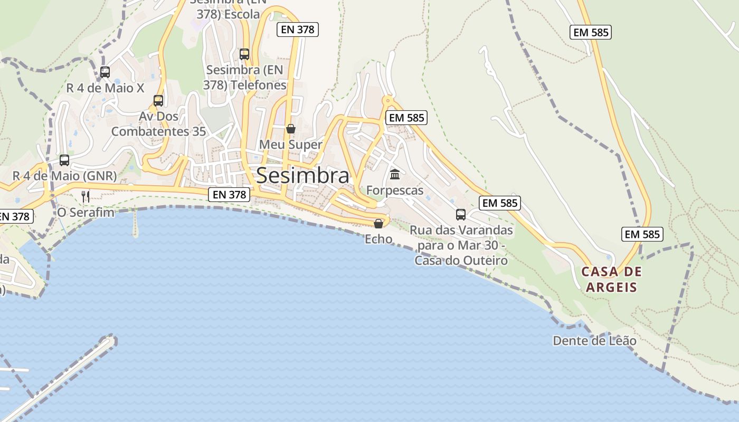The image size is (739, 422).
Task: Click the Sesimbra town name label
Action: pyautogui.click(x=302, y=176)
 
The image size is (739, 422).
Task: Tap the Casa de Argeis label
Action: pyautogui.click(x=612, y=280)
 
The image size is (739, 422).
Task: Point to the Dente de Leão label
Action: pyautogui.click(x=594, y=341)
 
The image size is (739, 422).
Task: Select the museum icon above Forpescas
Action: pyautogui.click(x=395, y=174)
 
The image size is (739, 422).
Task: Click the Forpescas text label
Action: pyautogui.click(x=395, y=190)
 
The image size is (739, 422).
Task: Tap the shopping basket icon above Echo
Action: pyautogui.click(x=378, y=224)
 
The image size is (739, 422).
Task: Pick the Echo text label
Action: pyautogui.click(x=378, y=239)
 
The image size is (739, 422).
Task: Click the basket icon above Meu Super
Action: pyautogui.click(x=290, y=129)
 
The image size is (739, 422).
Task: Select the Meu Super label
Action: pyautogui.click(x=290, y=145)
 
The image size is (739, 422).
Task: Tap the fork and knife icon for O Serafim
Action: pyautogui.click(x=86, y=197)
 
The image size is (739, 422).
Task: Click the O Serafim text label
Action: pyautogui.click(x=86, y=213)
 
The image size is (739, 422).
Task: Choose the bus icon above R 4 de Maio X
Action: pyautogui.click(x=105, y=72)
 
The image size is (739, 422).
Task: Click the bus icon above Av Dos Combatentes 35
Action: pyautogui.click(x=158, y=101)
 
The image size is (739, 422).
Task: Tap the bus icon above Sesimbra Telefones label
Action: pyautogui.click(x=244, y=54)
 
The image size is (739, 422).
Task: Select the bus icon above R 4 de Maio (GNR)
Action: pyautogui.click(x=64, y=160)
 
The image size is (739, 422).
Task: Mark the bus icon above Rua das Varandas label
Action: pyautogui.click(x=461, y=215)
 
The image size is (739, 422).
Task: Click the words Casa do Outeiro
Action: pyautogui.click(x=461, y=261)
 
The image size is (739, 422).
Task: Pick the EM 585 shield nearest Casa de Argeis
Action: pyautogui.click(x=642, y=234)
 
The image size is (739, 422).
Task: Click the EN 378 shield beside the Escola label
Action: pyautogui.click(x=298, y=30)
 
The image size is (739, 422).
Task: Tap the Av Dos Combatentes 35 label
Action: pyautogui.click(x=158, y=123)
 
